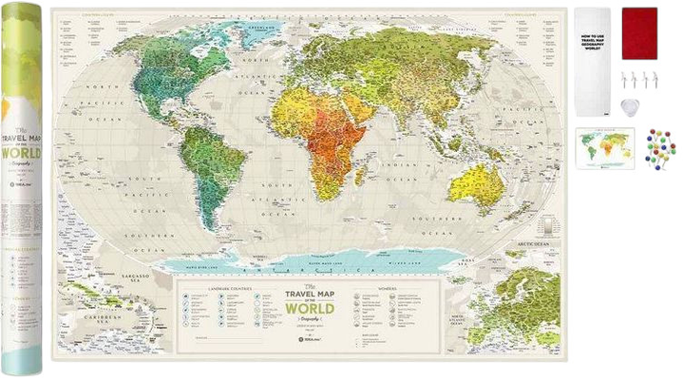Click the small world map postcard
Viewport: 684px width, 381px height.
point(604,148)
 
